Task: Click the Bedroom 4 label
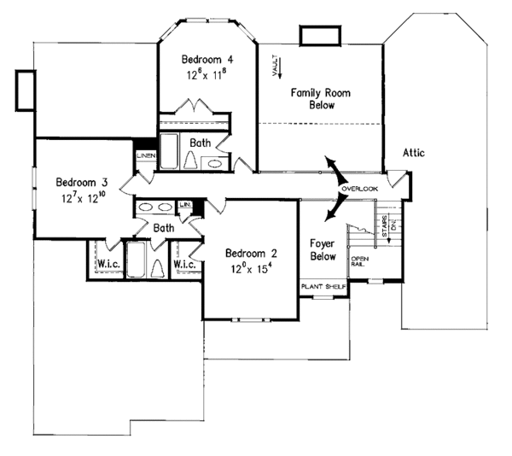click(208, 60)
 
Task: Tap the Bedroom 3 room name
click(81, 182)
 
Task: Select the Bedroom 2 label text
click(251, 253)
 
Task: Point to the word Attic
click(411, 153)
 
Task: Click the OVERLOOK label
click(358, 188)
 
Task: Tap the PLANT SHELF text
click(323, 287)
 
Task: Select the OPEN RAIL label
click(359, 261)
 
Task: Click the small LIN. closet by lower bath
click(184, 205)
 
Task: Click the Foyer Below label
click(323, 249)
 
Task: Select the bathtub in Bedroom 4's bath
click(169, 151)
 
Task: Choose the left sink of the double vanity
click(145, 207)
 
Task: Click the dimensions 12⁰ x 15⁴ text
click(251, 267)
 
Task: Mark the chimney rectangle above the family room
click(317, 34)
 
